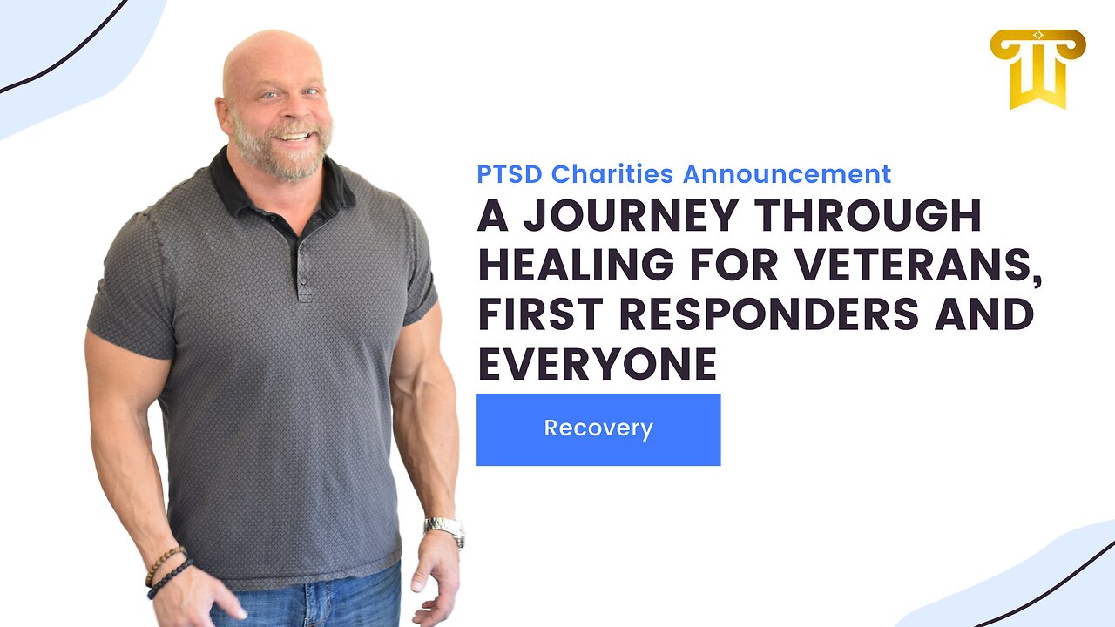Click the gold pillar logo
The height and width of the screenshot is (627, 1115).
(x=1037, y=69)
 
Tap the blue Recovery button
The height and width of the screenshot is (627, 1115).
(x=598, y=429)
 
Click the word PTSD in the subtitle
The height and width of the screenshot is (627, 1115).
(x=510, y=174)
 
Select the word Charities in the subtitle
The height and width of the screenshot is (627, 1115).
(x=612, y=174)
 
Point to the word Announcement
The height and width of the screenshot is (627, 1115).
(x=787, y=174)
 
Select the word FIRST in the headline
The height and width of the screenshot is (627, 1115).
(x=541, y=314)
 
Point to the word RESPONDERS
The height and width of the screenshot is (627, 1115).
(x=769, y=314)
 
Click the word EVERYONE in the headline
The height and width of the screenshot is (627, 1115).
(x=598, y=364)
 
